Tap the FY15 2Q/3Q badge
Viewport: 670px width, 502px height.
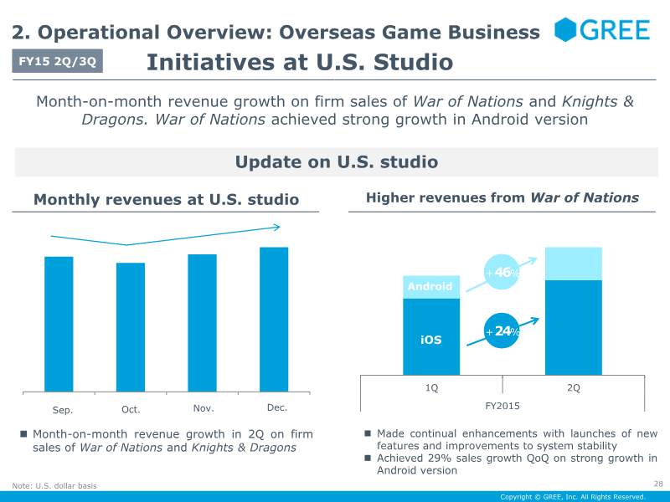(58, 60)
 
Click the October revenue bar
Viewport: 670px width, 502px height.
(131, 327)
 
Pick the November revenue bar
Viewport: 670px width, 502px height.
(202, 323)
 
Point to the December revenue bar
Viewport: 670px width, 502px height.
(274, 319)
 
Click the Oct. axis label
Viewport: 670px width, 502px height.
(131, 410)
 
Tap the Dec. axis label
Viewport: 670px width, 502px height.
(277, 407)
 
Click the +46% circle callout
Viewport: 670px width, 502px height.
(502, 272)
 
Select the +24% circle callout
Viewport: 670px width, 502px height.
(502, 331)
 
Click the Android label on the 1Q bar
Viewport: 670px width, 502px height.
(430, 287)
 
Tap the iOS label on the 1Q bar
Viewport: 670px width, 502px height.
(430, 340)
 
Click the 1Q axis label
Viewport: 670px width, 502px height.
(431, 388)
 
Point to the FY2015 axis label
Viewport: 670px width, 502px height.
(502, 404)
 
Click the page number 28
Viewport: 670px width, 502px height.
(657, 484)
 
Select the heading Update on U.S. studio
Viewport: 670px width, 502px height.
(337, 162)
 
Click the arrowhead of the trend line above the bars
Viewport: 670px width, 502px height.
(278, 226)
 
